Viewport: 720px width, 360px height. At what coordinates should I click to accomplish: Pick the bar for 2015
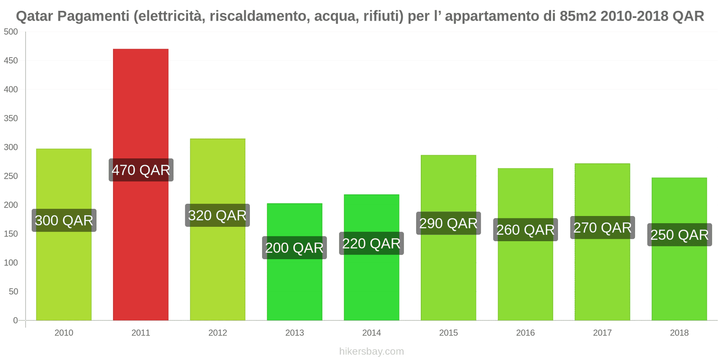(x=448, y=270)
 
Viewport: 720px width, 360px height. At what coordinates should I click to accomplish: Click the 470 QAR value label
(x=141, y=170)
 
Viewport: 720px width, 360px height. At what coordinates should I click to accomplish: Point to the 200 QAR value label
(x=294, y=247)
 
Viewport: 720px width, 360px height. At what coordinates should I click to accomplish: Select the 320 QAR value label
(x=217, y=216)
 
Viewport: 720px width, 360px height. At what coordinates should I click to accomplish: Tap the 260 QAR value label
(x=525, y=230)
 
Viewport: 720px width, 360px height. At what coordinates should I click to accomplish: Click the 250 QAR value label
(x=679, y=235)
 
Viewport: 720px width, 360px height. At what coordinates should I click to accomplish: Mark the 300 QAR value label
(x=64, y=220)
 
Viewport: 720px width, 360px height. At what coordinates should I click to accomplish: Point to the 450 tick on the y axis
(x=11, y=61)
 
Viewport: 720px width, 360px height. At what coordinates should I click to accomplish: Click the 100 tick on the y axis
(x=11, y=263)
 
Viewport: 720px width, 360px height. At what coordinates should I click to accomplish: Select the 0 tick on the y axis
(x=15, y=320)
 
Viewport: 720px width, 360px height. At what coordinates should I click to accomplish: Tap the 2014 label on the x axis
(x=371, y=333)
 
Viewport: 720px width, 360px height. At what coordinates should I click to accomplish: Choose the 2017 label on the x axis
(x=602, y=333)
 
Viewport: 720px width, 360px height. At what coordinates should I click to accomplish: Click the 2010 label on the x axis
(x=63, y=333)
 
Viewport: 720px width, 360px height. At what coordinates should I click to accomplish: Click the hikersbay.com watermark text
(x=371, y=351)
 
